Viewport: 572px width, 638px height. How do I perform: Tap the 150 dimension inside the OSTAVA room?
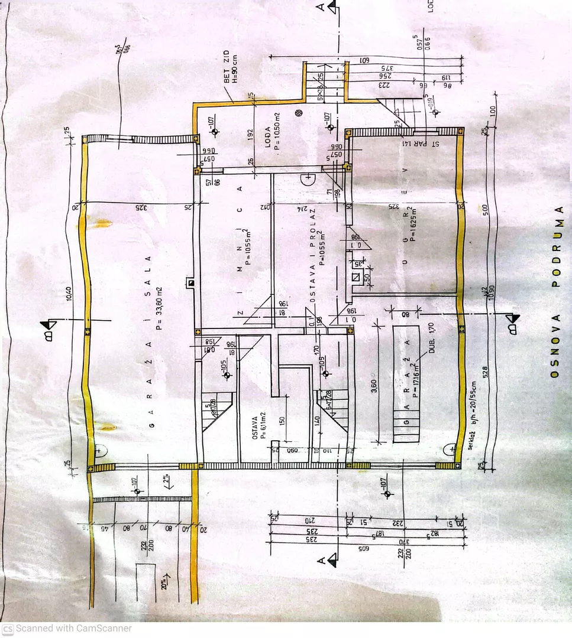click(x=283, y=421)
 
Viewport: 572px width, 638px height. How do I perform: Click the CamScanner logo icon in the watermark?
click(x=8, y=629)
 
